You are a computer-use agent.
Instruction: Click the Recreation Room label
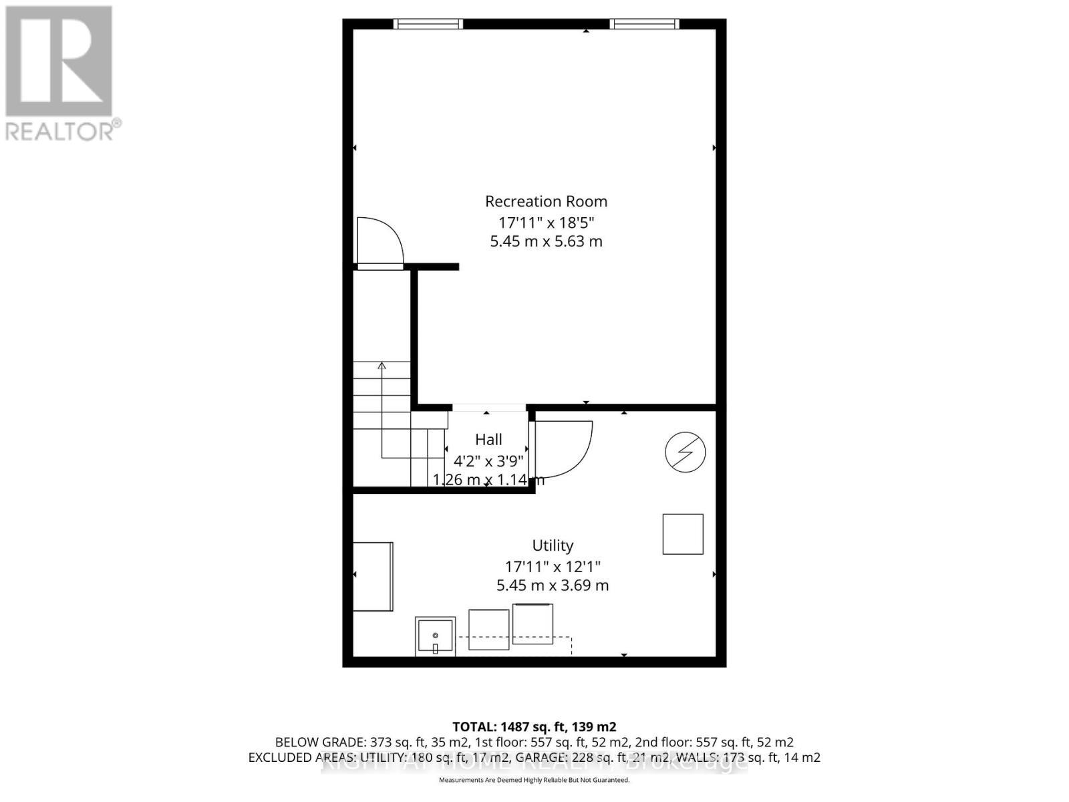[x=546, y=201]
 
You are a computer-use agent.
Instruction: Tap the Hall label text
[x=488, y=440]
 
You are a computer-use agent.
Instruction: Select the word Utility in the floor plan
[x=553, y=545]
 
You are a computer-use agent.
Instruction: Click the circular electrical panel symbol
[x=685, y=452]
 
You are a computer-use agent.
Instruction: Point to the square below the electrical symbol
[x=683, y=534]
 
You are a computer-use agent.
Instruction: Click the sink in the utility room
[x=435, y=636]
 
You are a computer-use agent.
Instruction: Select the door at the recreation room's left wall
[x=379, y=242]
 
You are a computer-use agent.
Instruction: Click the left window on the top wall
[x=428, y=24]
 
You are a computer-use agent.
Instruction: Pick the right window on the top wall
[x=644, y=24]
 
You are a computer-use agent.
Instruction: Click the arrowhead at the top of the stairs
[x=381, y=366]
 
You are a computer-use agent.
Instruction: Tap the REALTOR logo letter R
[x=59, y=61]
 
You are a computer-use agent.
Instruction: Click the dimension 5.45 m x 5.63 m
[x=546, y=241]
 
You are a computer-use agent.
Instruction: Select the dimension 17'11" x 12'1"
[x=553, y=567]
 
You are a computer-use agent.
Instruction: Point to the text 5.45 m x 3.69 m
[x=553, y=585]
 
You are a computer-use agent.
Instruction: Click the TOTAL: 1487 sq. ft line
[x=534, y=726]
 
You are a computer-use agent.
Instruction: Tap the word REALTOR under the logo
[x=61, y=131]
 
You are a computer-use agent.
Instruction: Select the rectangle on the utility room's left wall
[x=373, y=577]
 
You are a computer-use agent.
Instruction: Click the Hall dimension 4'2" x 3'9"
[x=488, y=460]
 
